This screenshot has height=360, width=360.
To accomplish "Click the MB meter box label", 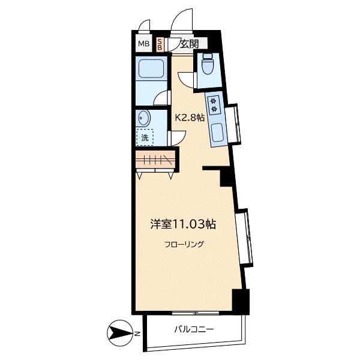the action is [x=143, y=43].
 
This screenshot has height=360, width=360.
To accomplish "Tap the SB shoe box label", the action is [x=160, y=44].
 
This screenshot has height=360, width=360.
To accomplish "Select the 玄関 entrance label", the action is [x=189, y=44].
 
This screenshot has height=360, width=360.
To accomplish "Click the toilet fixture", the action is [x=208, y=64].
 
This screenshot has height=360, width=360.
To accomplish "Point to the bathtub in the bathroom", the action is [x=151, y=68].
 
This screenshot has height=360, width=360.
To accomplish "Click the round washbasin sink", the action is [x=144, y=118].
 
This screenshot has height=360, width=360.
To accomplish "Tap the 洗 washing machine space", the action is [x=145, y=137].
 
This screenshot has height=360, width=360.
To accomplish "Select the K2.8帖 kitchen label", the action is [x=190, y=118].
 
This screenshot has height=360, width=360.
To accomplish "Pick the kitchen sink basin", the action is [x=217, y=133].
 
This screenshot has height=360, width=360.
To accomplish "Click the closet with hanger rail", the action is [x=155, y=160].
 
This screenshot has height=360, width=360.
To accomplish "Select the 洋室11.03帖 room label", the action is [x=183, y=224].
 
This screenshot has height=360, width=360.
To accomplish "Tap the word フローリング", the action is [x=184, y=244].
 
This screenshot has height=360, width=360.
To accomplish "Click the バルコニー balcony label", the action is [x=194, y=329].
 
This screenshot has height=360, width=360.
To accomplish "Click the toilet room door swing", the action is [x=185, y=80].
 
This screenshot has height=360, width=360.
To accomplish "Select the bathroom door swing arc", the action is [x=160, y=98].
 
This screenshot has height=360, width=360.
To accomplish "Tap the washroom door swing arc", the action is [x=179, y=138].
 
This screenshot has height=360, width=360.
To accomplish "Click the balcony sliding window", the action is [x=196, y=313].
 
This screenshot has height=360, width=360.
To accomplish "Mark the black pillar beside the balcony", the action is [x=241, y=302].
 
